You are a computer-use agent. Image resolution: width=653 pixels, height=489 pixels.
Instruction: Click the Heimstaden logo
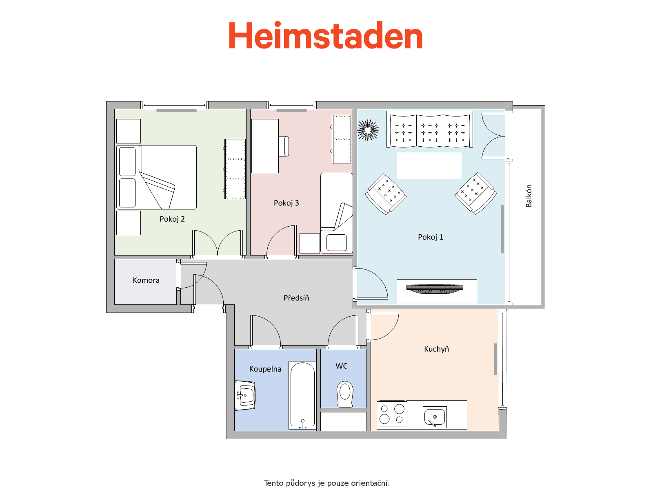325,35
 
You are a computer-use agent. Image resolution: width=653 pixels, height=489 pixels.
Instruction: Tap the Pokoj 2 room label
172,219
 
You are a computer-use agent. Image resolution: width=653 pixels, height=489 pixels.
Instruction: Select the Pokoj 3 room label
286,203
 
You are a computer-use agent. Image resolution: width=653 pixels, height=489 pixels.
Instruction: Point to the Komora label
146,280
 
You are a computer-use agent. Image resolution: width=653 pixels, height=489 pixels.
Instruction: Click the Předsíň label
296,298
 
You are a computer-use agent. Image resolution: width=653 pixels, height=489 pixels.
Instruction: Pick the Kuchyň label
436,349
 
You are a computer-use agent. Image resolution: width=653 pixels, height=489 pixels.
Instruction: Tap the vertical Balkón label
529,196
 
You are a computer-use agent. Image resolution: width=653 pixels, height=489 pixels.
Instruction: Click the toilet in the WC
345,394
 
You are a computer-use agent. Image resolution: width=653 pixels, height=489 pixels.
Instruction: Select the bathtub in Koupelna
302,395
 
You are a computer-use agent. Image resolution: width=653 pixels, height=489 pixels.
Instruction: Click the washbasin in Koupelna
245,395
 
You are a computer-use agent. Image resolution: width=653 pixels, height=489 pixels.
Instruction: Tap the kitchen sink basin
435,417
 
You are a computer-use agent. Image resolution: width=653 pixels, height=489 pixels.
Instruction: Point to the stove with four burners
392,414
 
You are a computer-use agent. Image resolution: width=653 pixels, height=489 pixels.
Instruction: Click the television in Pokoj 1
435,289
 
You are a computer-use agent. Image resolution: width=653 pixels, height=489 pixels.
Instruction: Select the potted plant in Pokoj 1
368,130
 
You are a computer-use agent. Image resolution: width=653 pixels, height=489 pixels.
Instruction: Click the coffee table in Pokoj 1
429,166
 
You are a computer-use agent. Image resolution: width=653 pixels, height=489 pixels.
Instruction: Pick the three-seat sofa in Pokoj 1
430,130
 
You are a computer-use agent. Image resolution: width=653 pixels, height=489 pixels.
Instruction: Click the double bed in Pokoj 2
156,177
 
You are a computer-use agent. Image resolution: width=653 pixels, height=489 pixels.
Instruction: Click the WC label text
342,366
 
